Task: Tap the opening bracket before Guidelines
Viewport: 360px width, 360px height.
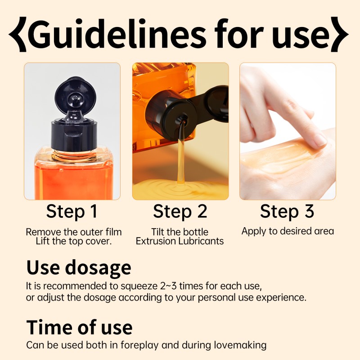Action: pos(18,34)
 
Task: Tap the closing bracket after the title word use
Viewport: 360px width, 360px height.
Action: pos(340,34)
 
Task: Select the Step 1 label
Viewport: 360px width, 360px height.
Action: pos(72,211)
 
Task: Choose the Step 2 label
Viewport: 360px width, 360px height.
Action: pos(180,211)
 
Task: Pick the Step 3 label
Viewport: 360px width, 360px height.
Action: pos(287,211)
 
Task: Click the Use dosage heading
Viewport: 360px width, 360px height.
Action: pos(79,268)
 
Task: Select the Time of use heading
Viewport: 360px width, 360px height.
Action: pos(79,328)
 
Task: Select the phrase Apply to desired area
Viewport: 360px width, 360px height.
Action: pos(288,231)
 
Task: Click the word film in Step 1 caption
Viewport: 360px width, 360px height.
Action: pos(114,232)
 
